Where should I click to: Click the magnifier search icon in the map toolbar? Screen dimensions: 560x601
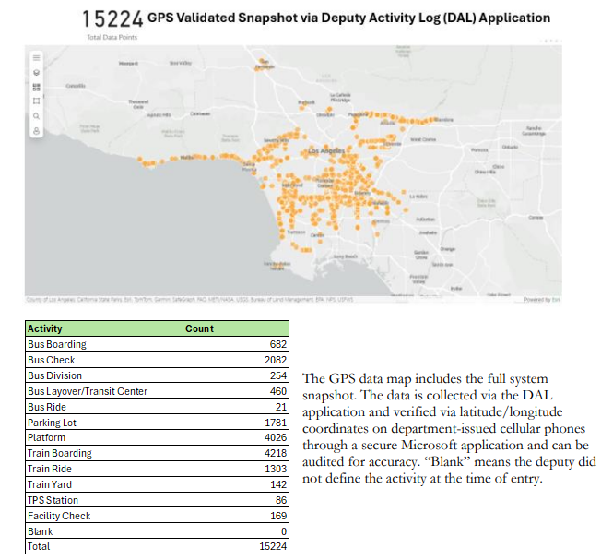36,117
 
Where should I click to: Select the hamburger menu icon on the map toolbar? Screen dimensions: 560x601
36,54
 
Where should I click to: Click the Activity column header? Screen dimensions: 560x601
45,328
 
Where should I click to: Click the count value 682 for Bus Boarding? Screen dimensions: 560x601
277,344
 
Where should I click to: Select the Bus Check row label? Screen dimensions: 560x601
52,360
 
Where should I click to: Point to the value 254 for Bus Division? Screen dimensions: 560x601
277,375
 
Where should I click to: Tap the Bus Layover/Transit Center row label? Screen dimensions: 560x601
88,391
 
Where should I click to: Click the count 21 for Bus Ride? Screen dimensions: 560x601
281,407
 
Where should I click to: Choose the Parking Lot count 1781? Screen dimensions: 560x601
275,423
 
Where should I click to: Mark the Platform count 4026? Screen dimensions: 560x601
275,438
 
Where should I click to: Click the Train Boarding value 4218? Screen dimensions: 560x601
275,454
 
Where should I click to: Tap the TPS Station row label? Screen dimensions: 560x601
53,500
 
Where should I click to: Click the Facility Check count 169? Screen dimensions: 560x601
277,516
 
